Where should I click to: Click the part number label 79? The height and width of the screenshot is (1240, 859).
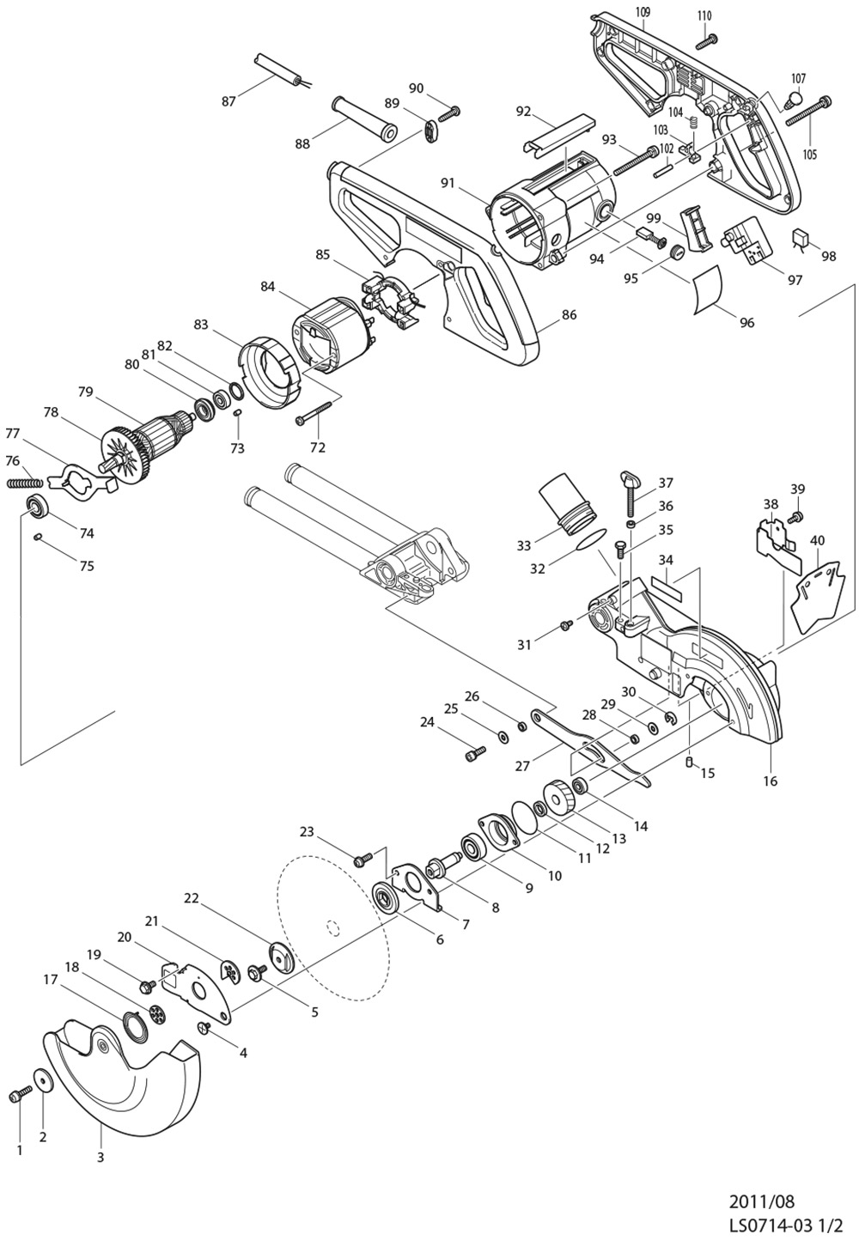click(x=85, y=392)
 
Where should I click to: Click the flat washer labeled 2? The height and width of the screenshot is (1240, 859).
click(x=41, y=1080)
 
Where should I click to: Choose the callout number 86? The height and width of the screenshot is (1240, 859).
click(x=569, y=315)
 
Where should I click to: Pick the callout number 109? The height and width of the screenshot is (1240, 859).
click(x=642, y=13)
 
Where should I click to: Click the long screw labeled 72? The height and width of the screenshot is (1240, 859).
click(x=311, y=414)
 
